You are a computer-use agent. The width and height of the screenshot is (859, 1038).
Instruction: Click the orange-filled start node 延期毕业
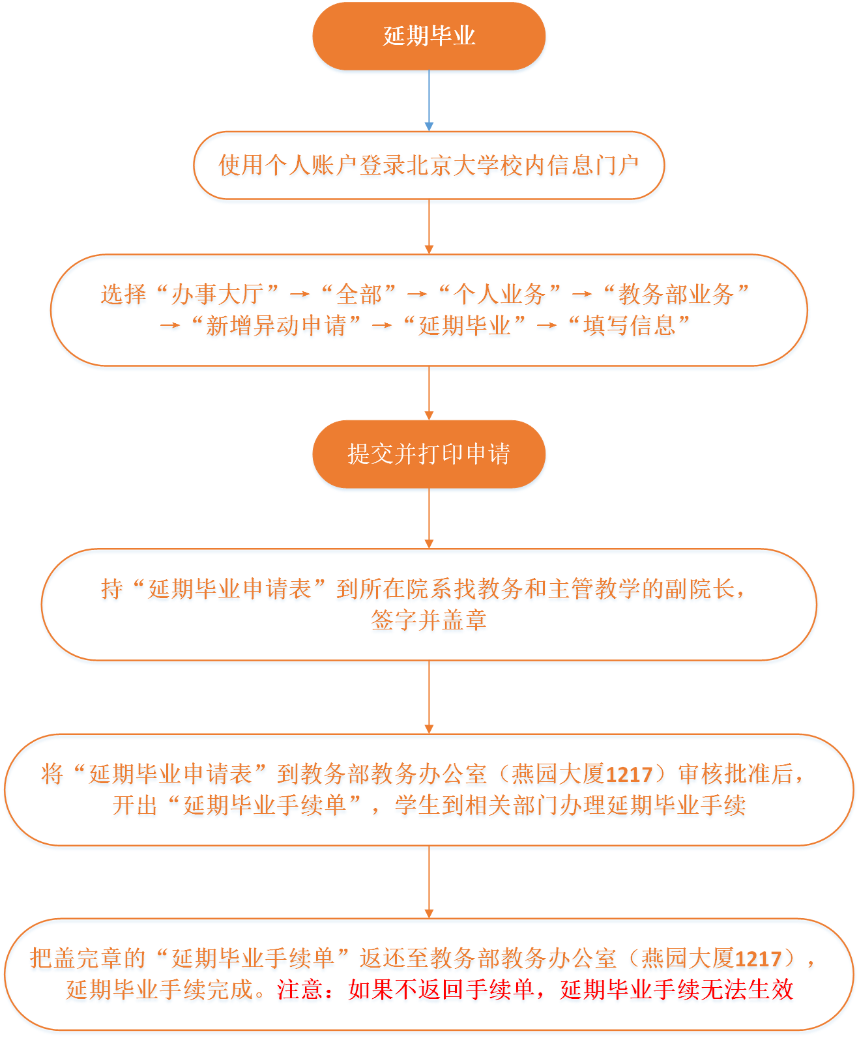click(429, 36)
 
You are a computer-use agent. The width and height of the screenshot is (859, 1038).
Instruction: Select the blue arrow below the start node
click(429, 101)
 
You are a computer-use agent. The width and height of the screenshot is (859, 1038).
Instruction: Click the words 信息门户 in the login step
click(593, 165)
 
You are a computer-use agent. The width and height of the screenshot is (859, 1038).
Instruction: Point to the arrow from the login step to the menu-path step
click(429, 227)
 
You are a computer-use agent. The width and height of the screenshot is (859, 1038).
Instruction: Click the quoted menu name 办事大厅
click(218, 294)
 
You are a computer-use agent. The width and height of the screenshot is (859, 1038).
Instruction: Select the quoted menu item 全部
click(358, 294)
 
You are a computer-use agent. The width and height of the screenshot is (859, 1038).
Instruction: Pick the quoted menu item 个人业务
click(499, 294)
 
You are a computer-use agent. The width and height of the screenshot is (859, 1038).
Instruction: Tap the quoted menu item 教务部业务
click(675, 294)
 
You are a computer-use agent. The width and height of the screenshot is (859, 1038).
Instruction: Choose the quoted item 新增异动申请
click(276, 326)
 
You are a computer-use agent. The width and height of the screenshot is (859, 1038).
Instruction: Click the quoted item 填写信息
click(629, 326)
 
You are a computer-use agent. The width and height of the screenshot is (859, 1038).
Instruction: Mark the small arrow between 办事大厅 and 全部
click(299, 295)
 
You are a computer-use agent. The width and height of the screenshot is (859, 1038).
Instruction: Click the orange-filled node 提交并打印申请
click(429, 454)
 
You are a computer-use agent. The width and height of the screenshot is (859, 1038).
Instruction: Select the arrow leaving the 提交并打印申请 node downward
click(429, 519)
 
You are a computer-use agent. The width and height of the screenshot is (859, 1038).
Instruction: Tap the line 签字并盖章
click(429, 620)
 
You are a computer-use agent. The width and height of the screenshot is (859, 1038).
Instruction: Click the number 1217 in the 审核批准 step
click(629, 775)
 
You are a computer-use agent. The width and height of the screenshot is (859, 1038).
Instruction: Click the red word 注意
click(300, 989)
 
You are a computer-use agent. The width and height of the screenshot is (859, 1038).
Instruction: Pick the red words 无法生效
click(747, 989)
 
